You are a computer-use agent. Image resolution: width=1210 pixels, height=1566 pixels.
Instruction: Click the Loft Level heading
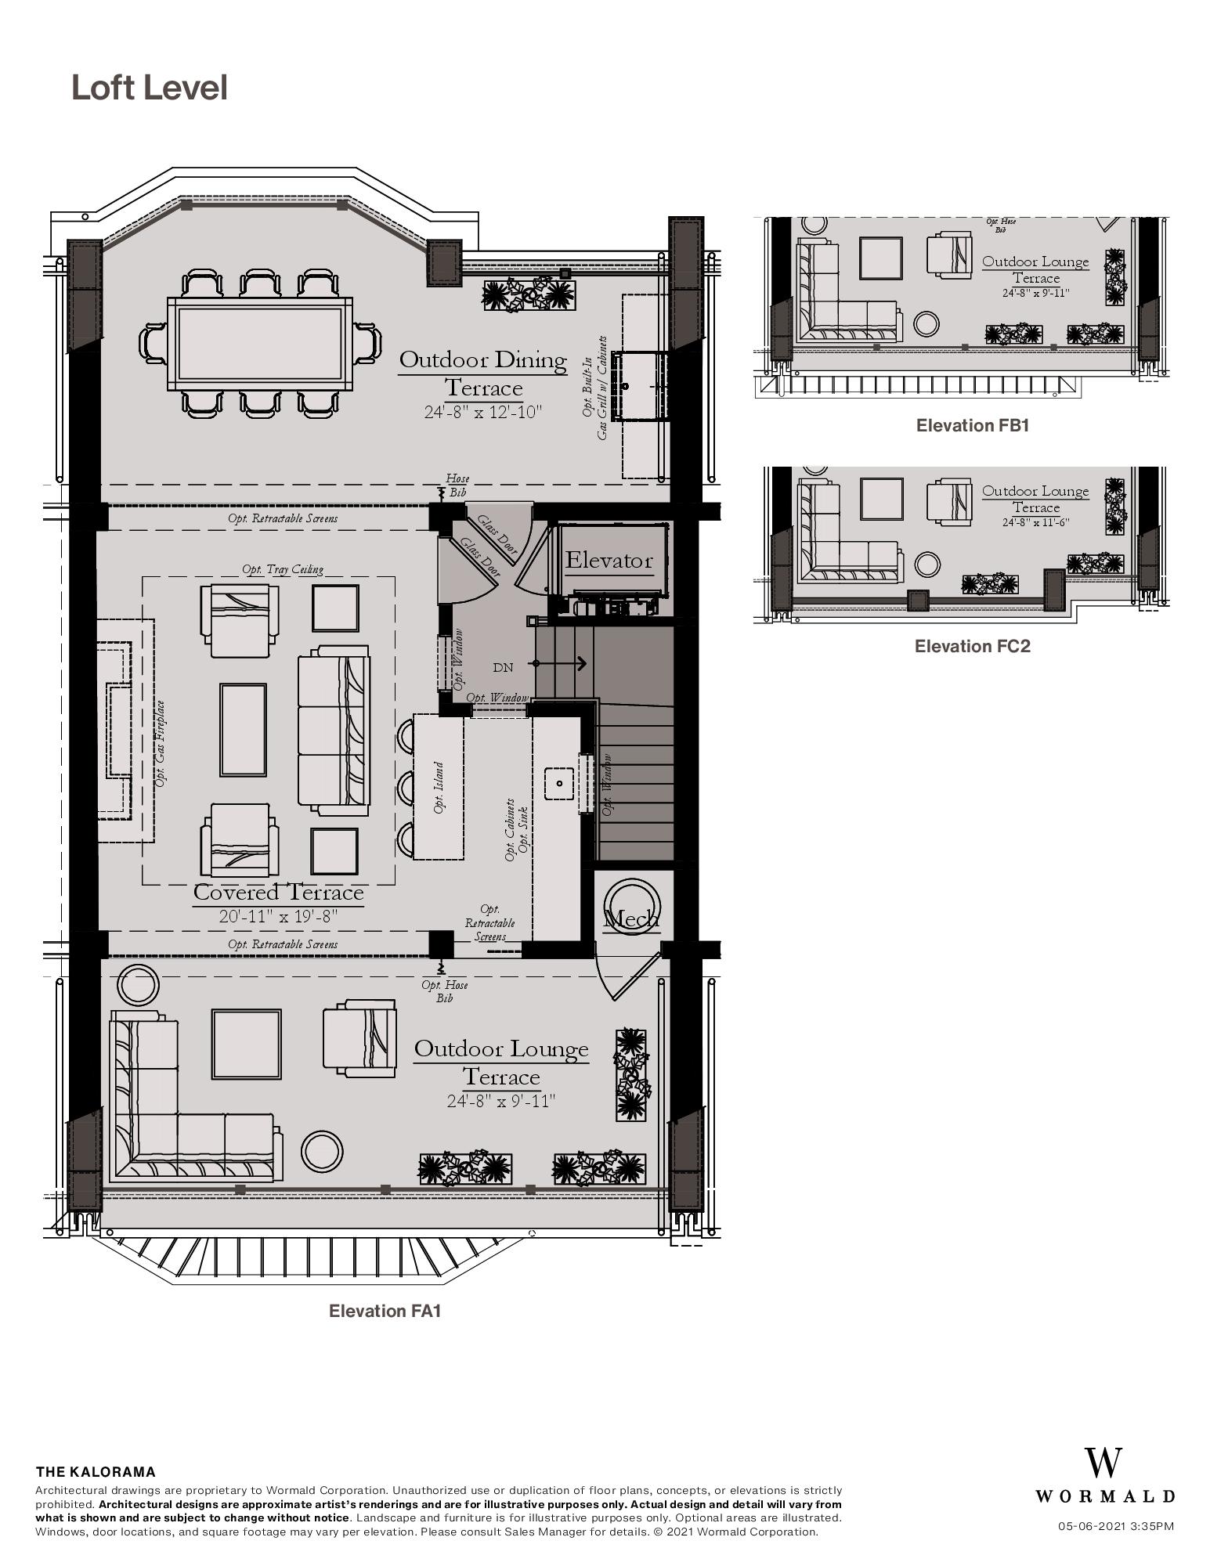(x=149, y=88)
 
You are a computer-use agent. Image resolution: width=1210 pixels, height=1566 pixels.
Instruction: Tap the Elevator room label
(x=609, y=561)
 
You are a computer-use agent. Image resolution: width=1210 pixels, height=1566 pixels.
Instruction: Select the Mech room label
(x=631, y=918)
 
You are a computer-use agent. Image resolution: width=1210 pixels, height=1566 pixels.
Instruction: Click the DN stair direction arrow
(x=560, y=663)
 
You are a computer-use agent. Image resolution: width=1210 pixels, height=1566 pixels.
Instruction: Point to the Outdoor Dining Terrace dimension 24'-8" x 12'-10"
(x=483, y=412)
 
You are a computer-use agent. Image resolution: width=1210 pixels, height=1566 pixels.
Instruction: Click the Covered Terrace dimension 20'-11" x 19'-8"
(x=279, y=915)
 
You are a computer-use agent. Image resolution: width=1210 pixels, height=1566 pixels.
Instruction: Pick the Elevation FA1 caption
(x=385, y=1311)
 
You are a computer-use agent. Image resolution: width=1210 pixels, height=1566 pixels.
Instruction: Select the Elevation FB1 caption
(x=972, y=426)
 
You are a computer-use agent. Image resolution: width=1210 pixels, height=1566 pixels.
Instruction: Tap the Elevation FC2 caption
(x=972, y=646)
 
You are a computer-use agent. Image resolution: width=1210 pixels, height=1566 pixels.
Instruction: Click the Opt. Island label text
(x=439, y=787)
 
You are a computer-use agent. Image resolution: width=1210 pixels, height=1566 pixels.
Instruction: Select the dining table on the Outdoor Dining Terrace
(x=259, y=345)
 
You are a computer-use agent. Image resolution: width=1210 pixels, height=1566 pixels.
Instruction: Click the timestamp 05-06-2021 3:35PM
(x=1115, y=1526)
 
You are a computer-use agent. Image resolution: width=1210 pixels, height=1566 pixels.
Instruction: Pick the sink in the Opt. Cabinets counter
(x=560, y=783)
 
